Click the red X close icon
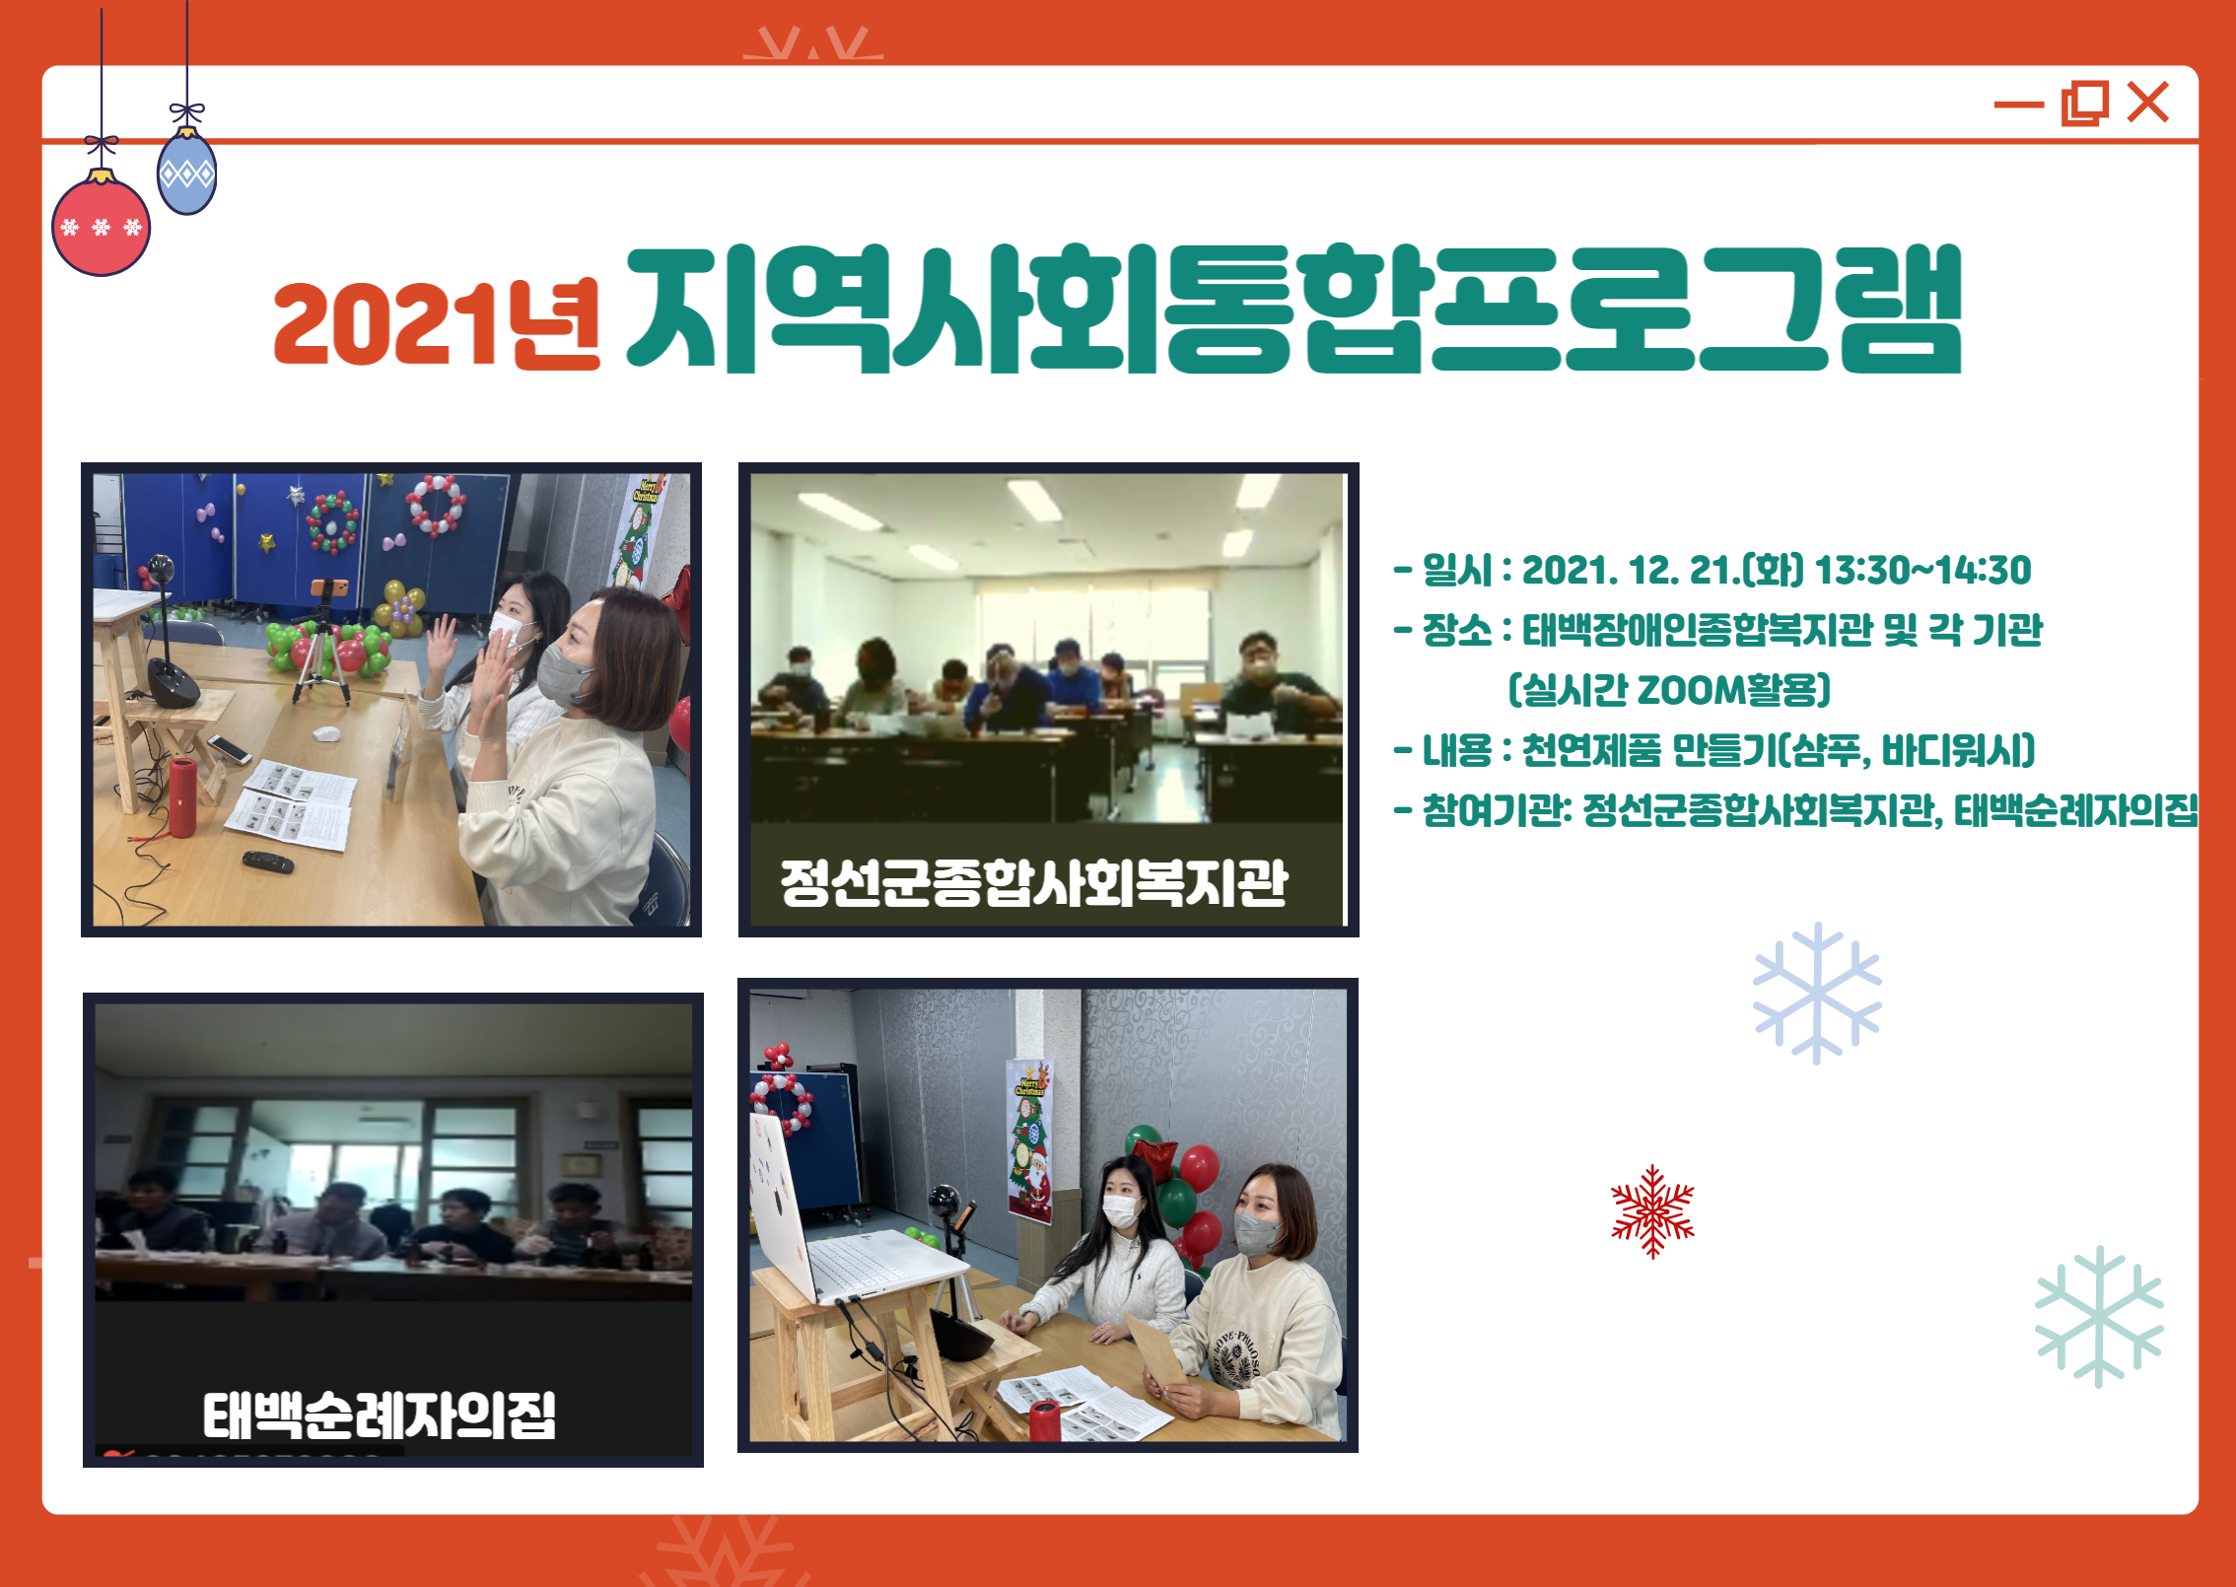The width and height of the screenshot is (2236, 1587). [2148, 103]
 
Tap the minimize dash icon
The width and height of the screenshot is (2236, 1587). [2019, 104]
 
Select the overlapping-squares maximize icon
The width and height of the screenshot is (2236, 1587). [2085, 103]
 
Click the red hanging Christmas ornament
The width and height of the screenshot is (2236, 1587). [101, 225]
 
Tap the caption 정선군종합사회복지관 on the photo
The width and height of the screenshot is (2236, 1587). [1034, 882]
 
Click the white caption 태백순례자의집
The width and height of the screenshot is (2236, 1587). [380, 1415]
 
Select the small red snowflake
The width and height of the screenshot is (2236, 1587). [1652, 1211]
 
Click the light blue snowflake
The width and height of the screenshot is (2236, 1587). [1817, 994]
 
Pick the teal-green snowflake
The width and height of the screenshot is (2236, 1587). [2099, 1317]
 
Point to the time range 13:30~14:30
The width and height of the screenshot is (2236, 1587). [1922, 570]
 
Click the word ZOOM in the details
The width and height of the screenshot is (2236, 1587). [1691, 690]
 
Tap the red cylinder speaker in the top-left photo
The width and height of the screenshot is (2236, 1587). [182, 796]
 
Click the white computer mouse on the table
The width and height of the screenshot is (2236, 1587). [326, 733]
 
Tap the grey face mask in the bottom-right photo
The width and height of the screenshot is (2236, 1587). [1257, 1233]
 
